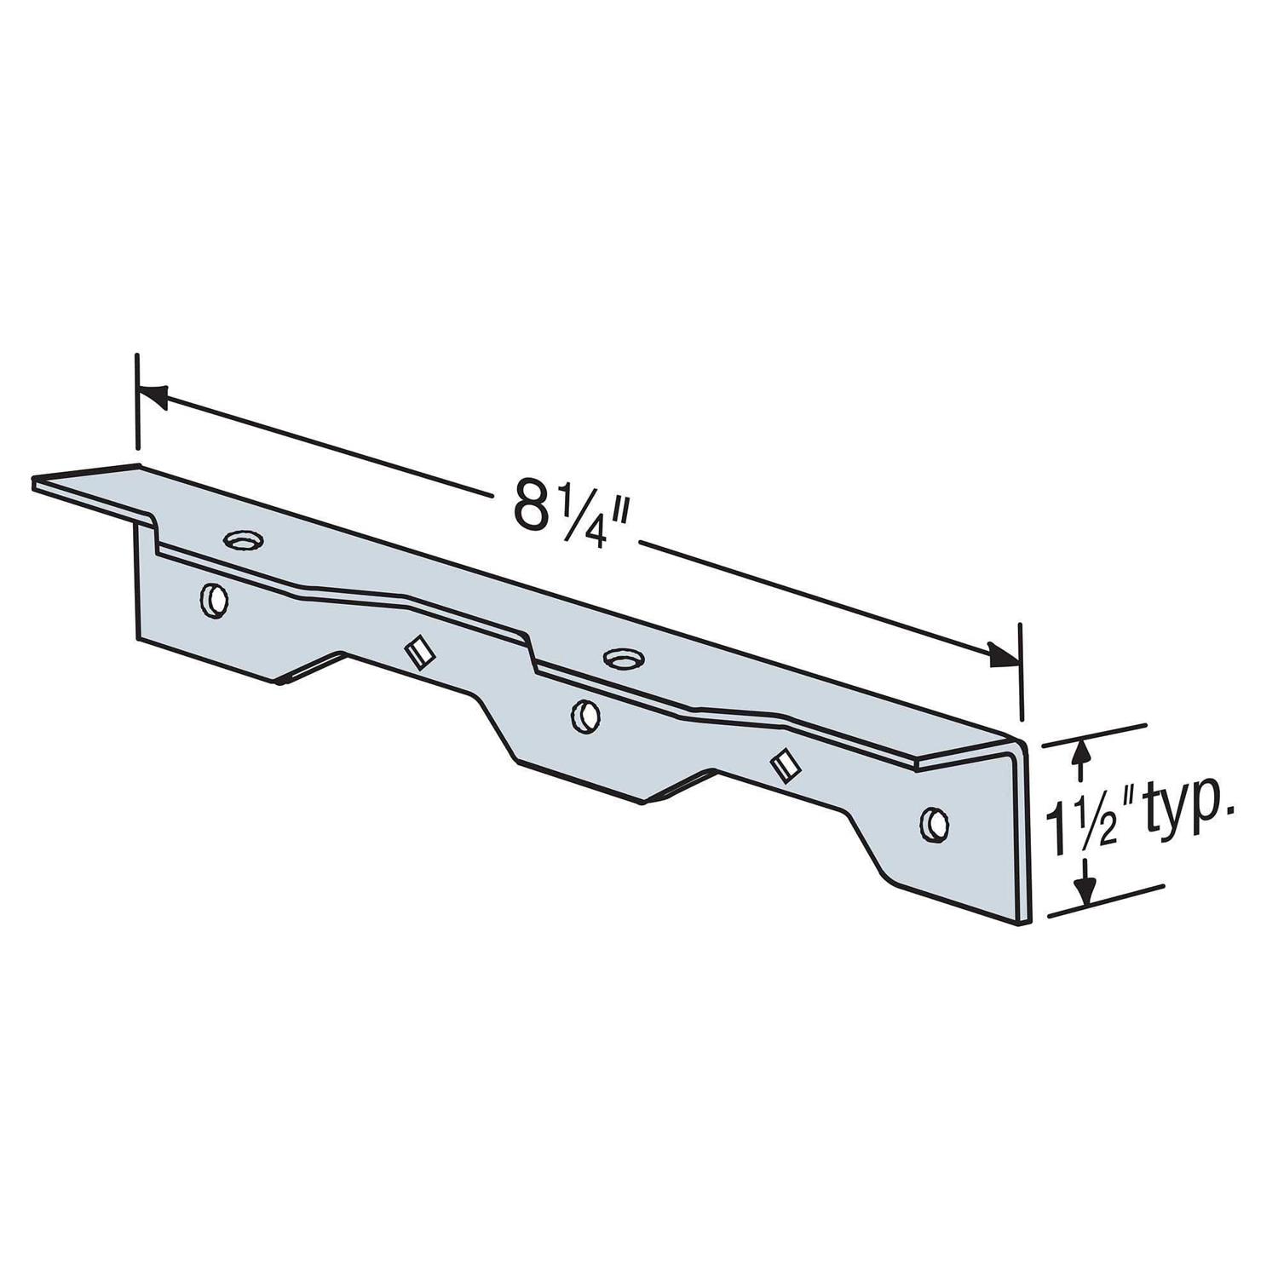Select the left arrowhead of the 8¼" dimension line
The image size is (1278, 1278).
(x=152, y=393)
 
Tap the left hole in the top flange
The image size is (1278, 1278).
(x=244, y=539)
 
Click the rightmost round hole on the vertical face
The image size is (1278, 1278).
(x=935, y=824)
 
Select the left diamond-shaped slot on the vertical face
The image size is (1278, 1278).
(x=418, y=653)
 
